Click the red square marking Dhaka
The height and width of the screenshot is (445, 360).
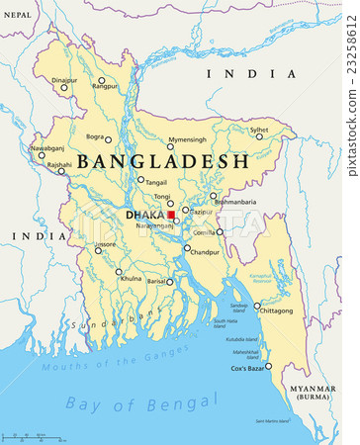click(x=171, y=214)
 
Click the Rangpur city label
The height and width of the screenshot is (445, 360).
click(x=105, y=86)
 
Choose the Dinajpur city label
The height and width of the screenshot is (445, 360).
click(x=64, y=79)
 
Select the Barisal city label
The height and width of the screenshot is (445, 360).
click(x=156, y=281)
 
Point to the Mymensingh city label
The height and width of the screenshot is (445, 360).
click(x=188, y=139)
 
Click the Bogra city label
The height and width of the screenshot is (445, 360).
click(x=95, y=136)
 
